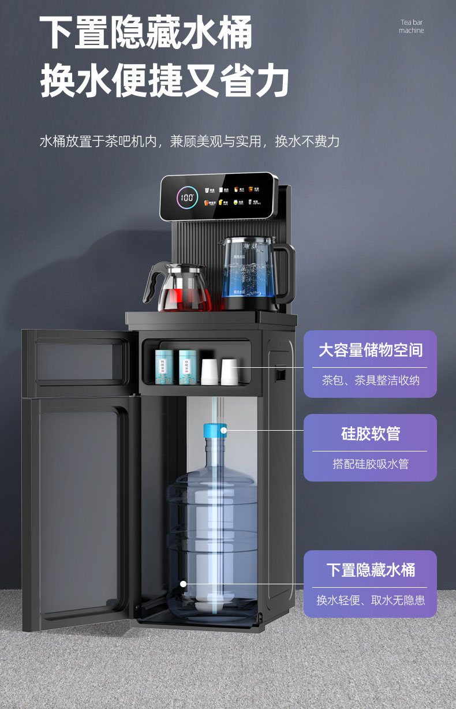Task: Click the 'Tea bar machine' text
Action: (x=412, y=27)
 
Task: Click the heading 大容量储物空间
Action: (x=371, y=350)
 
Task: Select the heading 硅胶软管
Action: (x=371, y=434)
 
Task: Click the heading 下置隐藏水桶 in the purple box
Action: (x=371, y=570)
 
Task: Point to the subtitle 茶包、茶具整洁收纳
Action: (x=371, y=380)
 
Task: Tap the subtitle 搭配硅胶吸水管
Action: (x=371, y=464)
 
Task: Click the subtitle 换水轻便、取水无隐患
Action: (x=371, y=600)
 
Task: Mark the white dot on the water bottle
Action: (x=184, y=584)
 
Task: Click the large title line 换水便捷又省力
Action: (x=165, y=82)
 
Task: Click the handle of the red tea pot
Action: (x=149, y=282)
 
